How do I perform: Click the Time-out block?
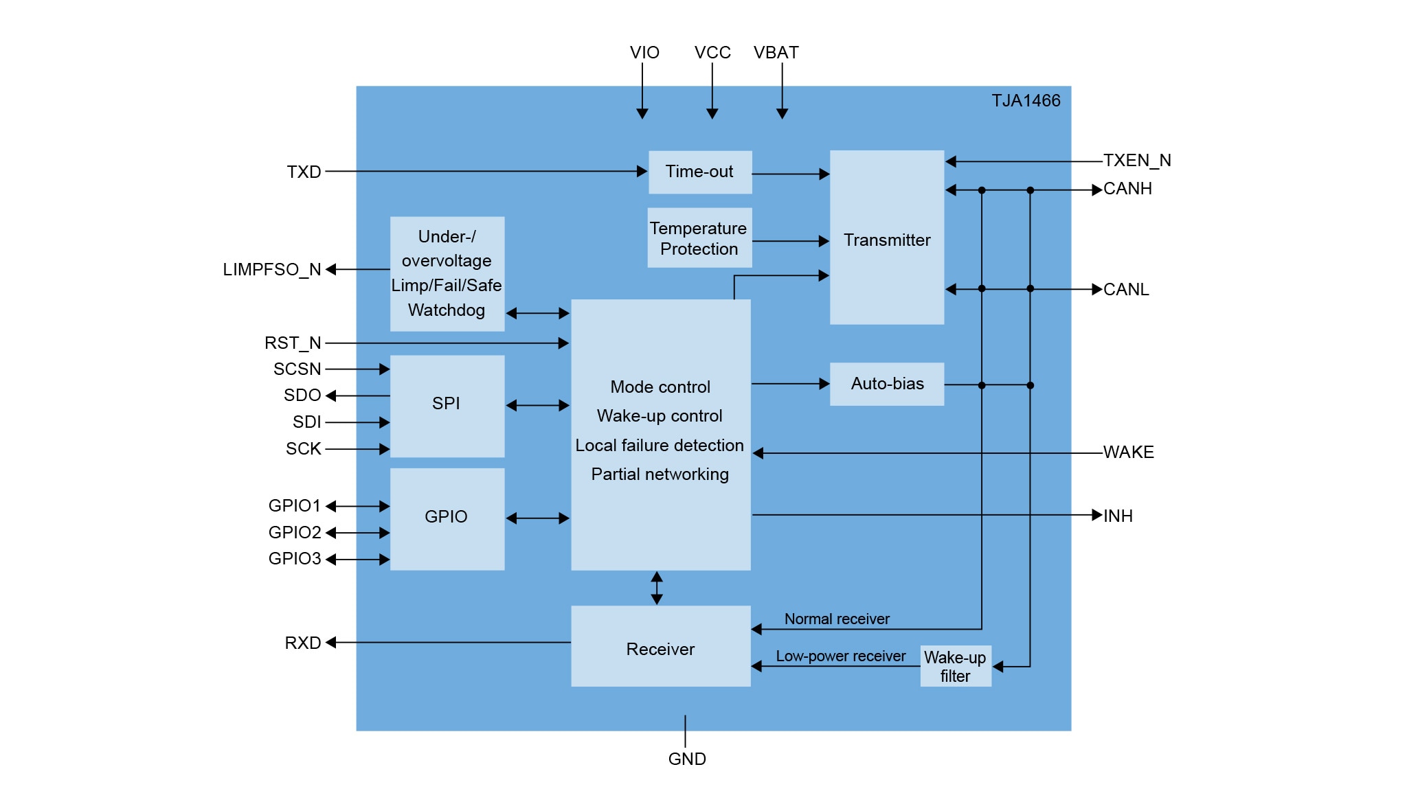click(x=699, y=172)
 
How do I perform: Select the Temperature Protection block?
click(x=699, y=238)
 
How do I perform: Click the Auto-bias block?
click(x=886, y=384)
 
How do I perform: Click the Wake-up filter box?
click(x=955, y=666)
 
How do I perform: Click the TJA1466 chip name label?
click(x=1026, y=101)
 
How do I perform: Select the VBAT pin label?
click(x=776, y=53)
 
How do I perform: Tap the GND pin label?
click(x=687, y=759)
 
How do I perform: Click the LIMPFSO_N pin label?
click(x=272, y=269)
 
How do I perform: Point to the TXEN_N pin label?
click(x=1137, y=161)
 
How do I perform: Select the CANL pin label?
click(x=1126, y=290)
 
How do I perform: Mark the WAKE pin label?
click(x=1128, y=452)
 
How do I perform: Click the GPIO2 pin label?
click(x=295, y=532)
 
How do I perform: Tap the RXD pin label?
click(x=303, y=643)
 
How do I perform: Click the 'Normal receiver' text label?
click(x=837, y=619)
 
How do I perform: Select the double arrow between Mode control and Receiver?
click(x=657, y=588)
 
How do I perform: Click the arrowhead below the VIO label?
click(x=642, y=113)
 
